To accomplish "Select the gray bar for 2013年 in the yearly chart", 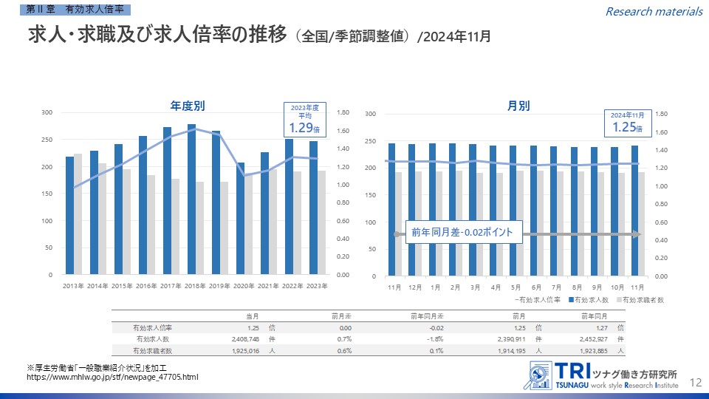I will coord(78,214).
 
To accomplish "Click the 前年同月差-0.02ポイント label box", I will coord(463,233).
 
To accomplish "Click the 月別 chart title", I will coord(518,105).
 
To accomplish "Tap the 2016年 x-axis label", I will coord(147,286).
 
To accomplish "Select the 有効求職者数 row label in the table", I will coord(152,350).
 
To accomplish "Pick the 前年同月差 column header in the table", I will coord(428,316).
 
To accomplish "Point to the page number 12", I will coord(695,382).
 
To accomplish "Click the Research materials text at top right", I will coord(654,11).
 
